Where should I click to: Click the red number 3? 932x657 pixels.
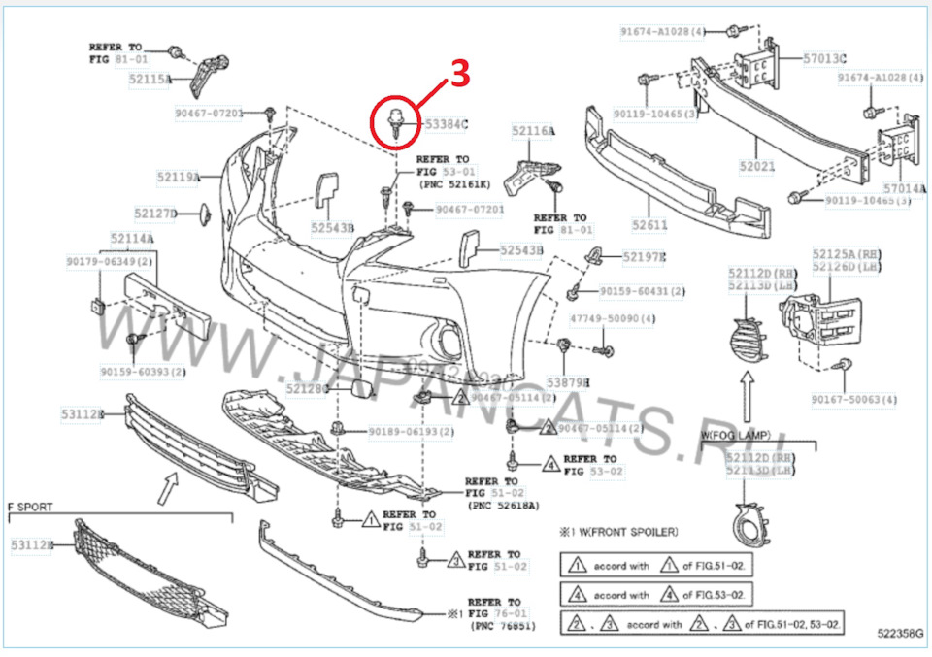tap(461, 76)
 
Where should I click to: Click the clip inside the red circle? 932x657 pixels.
tap(396, 121)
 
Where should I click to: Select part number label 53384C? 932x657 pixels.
tap(446, 124)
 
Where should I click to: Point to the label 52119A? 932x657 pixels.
tap(178, 177)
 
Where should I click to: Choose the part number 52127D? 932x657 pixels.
tap(155, 213)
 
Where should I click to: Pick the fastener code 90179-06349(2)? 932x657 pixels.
tap(108, 261)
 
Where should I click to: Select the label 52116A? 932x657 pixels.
tap(533, 130)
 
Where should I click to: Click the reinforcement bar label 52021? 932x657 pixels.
tap(756, 166)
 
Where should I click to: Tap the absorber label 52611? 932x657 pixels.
tap(649, 224)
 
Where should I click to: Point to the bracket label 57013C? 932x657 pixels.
tap(824, 58)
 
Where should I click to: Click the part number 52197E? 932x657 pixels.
tap(645, 257)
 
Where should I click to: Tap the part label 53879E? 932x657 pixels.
tap(568, 382)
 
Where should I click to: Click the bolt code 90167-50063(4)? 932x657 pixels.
tap(854, 399)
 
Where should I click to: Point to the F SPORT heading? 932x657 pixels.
tap(30, 507)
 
